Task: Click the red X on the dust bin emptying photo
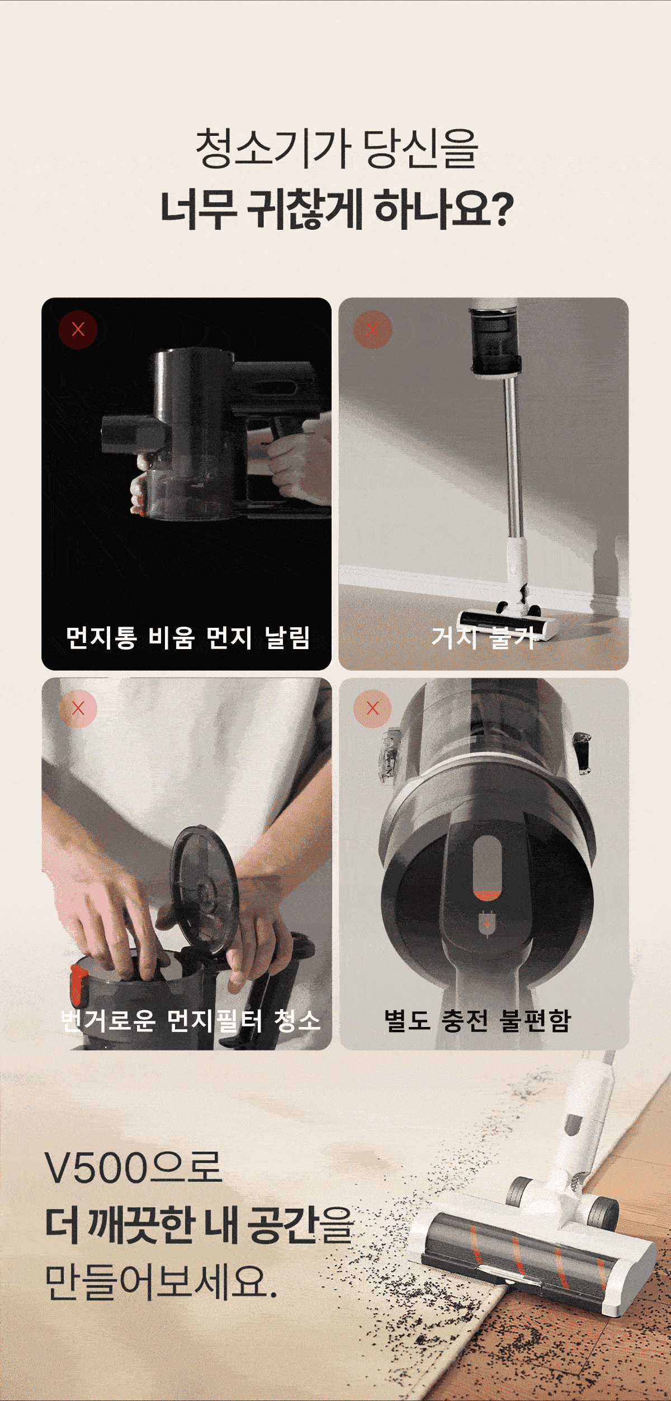click(x=78, y=329)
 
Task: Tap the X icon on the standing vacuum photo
click(x=372, y=329)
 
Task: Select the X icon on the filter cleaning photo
click(x=78, y=709)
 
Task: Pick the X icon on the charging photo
click(x=372, y=709)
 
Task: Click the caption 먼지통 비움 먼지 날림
click(x=188, y=638)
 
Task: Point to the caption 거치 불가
click(x=484, y=638)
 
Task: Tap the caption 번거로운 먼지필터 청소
click(x=190, y=1020)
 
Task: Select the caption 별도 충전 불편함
click(x=477, y=1020)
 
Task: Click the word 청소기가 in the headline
click(x=273, y=149)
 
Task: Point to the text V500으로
click(x=134, y=1168)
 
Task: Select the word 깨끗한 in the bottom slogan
click(x=147, y=1225)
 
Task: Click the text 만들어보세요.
click(x=161, y=1282)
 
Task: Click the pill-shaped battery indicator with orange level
click(x=487, y=868)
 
